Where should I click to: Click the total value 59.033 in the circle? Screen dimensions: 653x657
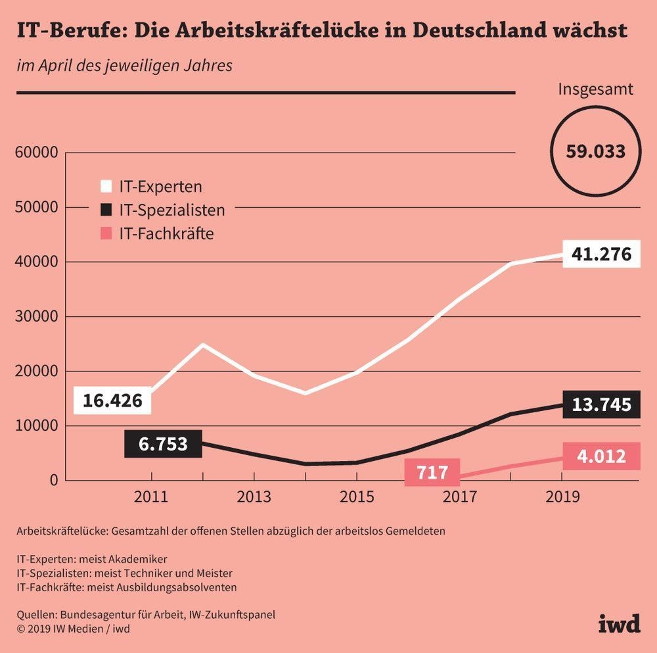(595, 152)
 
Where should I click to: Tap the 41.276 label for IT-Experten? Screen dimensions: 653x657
(601, 254)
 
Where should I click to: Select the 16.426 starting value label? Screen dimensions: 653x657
(112, 400)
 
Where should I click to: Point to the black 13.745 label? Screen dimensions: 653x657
(601, 404)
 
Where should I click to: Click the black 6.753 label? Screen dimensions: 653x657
(163, 444)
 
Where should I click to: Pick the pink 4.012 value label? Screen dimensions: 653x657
(601, 455)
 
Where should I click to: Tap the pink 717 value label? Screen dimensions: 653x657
(432, 472)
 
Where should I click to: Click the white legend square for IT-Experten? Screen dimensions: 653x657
(105, 186)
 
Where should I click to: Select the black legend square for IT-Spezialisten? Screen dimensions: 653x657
(105, 210)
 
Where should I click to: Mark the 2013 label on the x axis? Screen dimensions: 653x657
(254, 496)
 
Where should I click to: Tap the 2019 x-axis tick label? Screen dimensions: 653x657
(562, 496)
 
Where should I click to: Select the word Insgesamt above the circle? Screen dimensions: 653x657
(595, 89)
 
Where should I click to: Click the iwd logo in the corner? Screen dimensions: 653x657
(619, 623)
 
